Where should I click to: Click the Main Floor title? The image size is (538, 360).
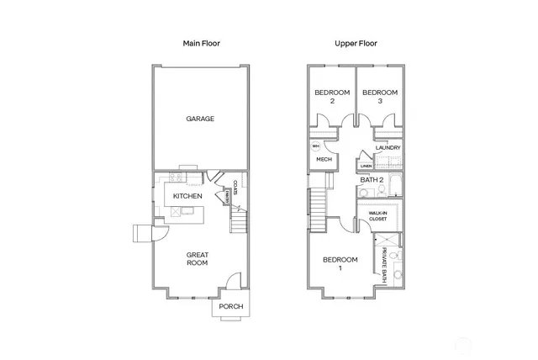201,42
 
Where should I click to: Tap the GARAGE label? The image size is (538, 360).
200,119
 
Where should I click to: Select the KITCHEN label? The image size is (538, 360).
187,197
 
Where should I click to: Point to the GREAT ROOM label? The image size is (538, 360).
198,258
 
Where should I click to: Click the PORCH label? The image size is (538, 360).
230,306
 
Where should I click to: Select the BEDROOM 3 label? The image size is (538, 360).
379,97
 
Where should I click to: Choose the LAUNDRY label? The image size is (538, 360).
388,148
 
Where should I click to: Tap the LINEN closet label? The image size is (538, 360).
366,166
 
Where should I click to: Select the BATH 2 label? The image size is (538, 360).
372,179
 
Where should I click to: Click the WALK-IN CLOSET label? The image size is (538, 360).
377,216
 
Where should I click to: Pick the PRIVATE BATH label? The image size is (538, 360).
383,264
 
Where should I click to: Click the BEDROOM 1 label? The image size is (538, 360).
340,263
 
